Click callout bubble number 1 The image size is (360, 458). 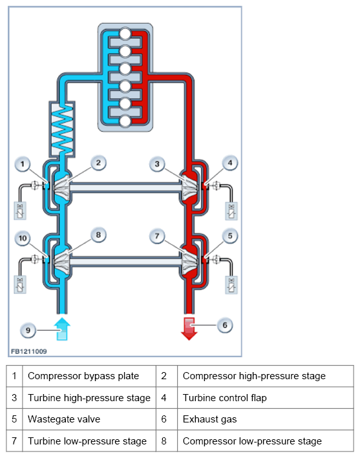pos(23,164)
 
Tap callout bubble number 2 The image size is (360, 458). pos(98,163)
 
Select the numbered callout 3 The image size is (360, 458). pos(157,164)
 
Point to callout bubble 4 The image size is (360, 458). pos(230,163)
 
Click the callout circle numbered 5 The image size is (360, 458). pos(230,236)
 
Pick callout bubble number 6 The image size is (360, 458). pos(225,325)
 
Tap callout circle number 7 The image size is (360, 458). pos(157,236)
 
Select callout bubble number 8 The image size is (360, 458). pos(98,235)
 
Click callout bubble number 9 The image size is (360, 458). pos(28,330)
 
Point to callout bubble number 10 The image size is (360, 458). pos(23,238)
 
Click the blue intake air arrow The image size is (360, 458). pos(62,329)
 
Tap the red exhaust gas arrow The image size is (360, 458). pos(189,329)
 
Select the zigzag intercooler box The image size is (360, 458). pos(62,129)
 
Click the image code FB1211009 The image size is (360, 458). pos(29,351)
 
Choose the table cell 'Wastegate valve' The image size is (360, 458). pos(64,419)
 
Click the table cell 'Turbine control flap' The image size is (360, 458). pos(225,397)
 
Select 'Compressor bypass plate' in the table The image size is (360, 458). pos(83,376)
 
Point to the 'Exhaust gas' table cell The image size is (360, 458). pos(210,419)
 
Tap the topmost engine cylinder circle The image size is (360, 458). pos(125,34)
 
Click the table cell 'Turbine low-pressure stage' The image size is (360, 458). pos(87,441)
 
